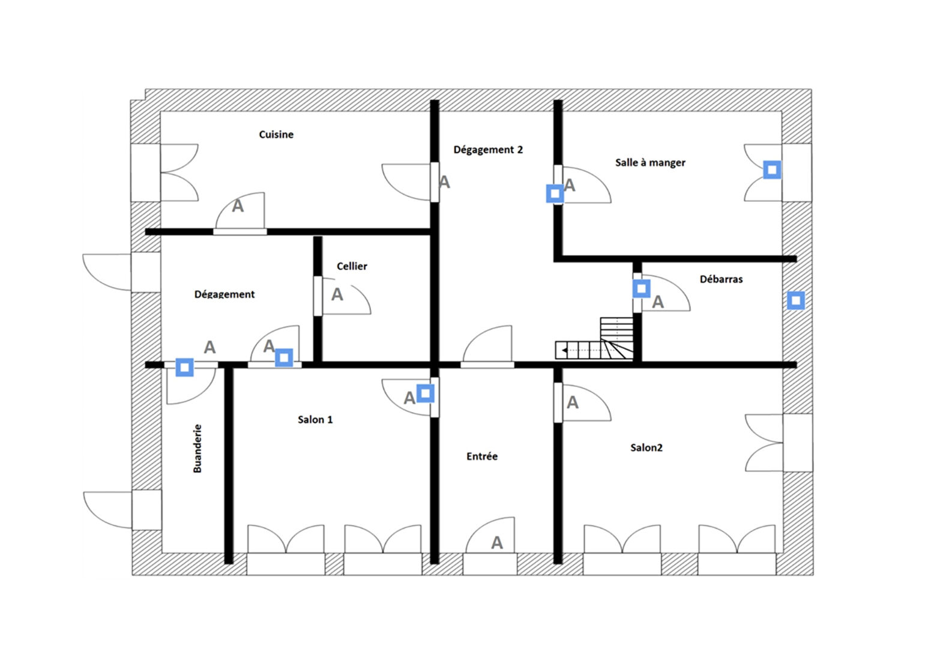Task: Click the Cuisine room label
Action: [x=276, y=135]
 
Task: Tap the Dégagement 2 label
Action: [x=488, y=150]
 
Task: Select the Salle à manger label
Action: [x=650, y=163]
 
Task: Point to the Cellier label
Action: [x=352, y=266]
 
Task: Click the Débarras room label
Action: [x=721, y=279]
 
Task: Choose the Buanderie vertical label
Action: [x=197, y=448]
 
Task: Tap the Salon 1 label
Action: [x=315, y=419]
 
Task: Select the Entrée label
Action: [x=482, y=456]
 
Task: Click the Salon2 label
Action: [x=646, y=448]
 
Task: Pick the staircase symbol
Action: [x=595, y=339]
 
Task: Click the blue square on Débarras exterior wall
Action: [x=796, y=301]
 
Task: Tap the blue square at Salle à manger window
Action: [x=772, y=170]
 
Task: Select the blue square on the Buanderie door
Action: [x=184, y=368]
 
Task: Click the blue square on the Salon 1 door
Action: [x=425, y=394]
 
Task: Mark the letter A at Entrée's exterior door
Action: [x=497, y=543]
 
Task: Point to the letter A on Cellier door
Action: [x=337, y=294]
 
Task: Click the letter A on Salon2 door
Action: [x=573, y=402]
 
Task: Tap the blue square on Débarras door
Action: [x=641, y=288]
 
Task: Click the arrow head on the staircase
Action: [x=564, y=350]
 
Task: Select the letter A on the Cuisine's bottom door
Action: [x=238, y=206]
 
